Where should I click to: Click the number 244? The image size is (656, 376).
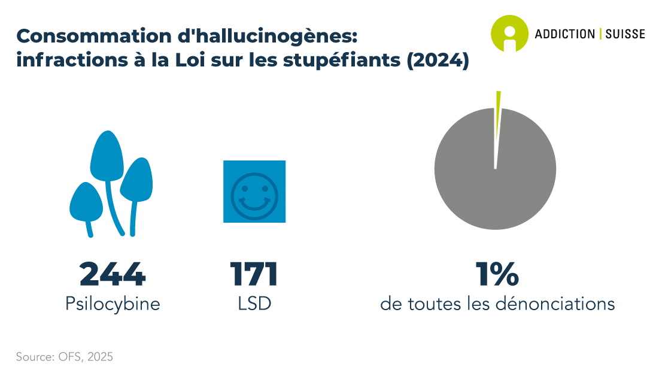coord(112,274)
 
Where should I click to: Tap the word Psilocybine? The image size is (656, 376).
coord(113,304)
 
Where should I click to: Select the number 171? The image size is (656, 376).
coord(254,274)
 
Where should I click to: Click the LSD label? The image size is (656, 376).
coord(254,304)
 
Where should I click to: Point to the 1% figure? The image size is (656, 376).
coord(497,274)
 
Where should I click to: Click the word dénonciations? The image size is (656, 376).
coord(555,304)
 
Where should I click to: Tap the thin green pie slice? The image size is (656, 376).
coord(498,113)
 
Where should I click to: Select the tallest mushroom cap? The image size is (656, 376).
coord(107,156)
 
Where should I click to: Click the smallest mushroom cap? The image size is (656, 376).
coord(86,202)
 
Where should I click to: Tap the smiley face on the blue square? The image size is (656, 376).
coord(254,196)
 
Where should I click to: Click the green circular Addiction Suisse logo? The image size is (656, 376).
coord(509,34)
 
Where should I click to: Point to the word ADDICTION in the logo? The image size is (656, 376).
coord(565,34)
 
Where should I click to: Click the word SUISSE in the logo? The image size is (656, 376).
coord(625,34)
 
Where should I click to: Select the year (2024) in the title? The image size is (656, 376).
coord(438,60)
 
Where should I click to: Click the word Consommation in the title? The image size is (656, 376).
coord(94,36)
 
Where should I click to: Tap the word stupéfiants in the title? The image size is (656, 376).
coord(342,60)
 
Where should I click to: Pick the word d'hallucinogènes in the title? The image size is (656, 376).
coord(268,37)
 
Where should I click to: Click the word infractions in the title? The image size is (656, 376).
coord(72,60)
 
